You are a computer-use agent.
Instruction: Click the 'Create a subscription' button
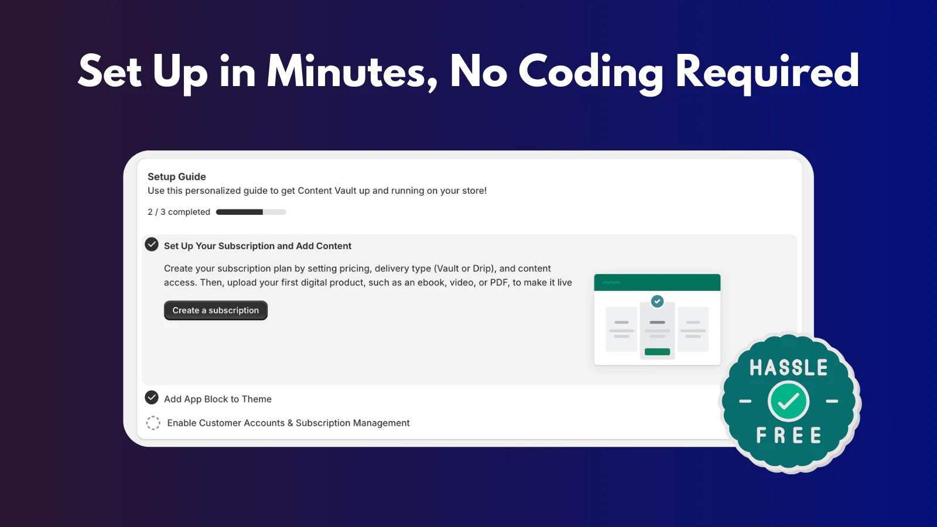click(x=216, y=310)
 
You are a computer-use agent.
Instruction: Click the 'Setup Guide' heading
click(x=176, y=176)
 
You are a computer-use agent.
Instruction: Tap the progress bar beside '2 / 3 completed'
click(x=251, y=212)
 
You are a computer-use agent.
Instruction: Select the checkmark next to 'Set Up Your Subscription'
click(x=152, y=244)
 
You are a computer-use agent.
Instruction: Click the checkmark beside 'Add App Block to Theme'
click(x=152, y=398)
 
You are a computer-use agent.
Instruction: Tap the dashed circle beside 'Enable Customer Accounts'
click(x=153, y=423)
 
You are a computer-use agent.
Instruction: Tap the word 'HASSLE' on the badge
click(x=788, y=368)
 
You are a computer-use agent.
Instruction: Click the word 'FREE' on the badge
click(x=788, y=435)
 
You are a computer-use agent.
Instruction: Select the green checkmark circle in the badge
click(x=788, y=401)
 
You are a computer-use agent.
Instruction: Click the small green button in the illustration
click(x=657, y=352)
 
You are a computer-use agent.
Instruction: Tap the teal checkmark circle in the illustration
click(x=657, y=301)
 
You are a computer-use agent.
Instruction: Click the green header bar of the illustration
click(x=657, y=282)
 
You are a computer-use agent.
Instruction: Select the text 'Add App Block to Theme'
click(x=217, y=399)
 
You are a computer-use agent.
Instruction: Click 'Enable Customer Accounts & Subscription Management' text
click(x=288, y=423)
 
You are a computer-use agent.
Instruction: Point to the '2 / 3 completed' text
click(x=179, y=212)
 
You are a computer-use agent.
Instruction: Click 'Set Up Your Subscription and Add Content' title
click(x=258, y=246)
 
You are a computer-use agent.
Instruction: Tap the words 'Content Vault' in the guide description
click(x=327, y=191)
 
